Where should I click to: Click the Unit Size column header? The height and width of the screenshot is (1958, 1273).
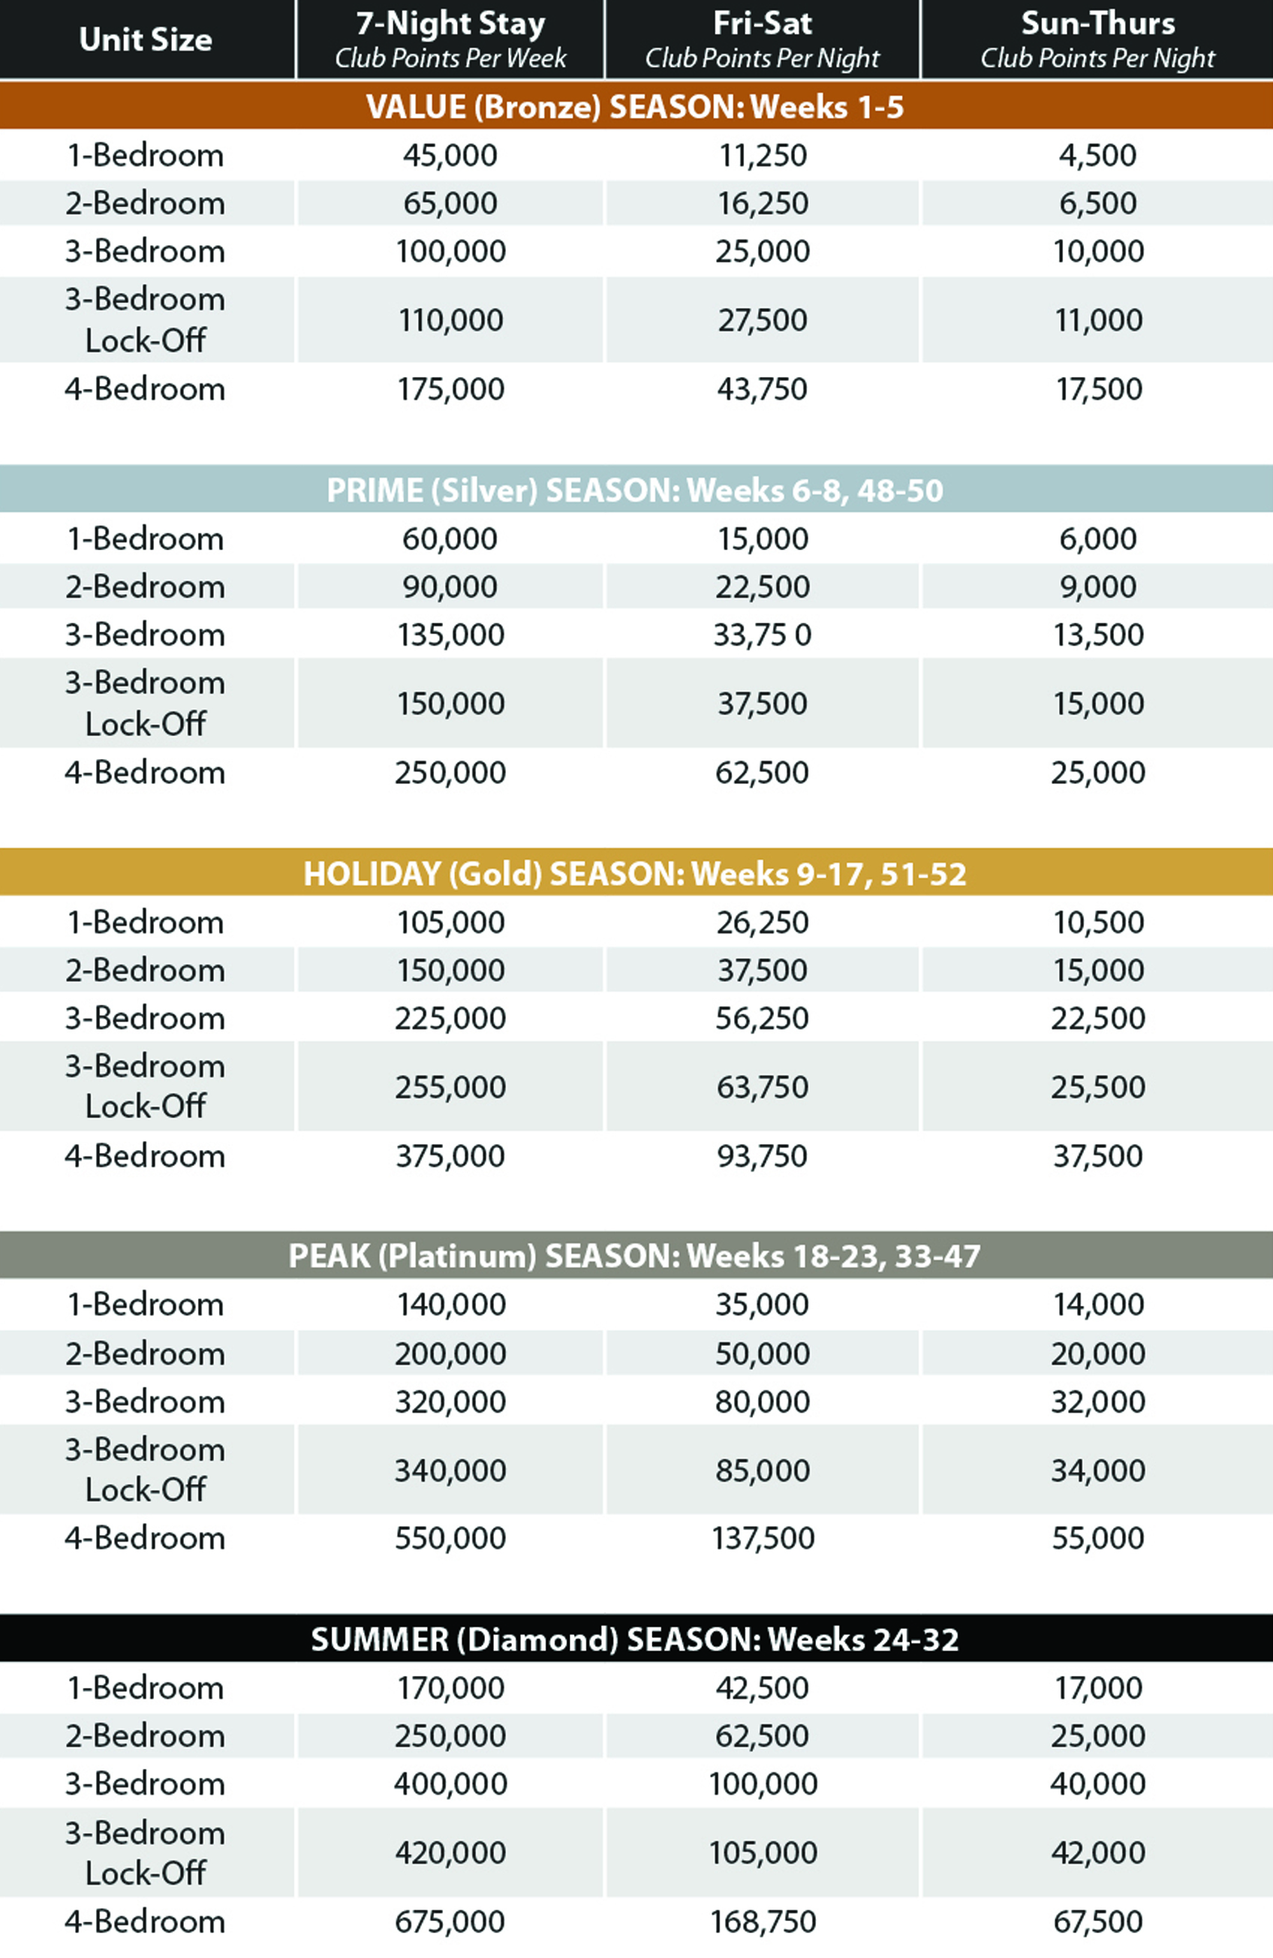(x=146, y=39)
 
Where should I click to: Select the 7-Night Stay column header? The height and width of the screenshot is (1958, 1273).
(x=450, y=39)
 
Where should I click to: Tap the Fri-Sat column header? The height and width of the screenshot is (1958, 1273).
(x=763, y=39)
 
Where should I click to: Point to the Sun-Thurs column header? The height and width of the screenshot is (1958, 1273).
(x=1097, y=39)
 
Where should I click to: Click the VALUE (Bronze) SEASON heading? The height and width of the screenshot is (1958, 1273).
(x=635, y=107)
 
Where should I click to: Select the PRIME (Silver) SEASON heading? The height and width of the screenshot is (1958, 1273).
(x=635, y=490)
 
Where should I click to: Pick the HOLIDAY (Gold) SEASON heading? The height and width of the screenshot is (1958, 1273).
(x=635, y=874)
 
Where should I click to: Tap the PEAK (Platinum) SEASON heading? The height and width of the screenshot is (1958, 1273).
(x=635, y=1256)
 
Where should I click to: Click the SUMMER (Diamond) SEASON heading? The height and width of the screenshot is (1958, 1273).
(x=635, y=1640)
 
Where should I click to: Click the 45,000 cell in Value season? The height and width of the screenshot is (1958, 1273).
(x=450, y=155)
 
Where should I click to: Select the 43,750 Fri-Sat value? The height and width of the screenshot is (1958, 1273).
(x=763, y=389)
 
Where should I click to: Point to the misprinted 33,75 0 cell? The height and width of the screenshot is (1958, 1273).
(x=763, y=635)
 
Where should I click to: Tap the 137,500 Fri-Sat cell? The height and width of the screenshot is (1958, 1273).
(x=763, y=1538)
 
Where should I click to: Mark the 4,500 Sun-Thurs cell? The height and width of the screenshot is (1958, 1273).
(x=1097, y=155)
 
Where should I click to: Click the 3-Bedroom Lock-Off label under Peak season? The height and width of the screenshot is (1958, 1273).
(x=146, y=1470)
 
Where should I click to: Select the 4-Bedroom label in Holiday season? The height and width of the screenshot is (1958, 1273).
(x=146, y=1156)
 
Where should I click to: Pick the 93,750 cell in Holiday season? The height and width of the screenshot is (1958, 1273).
(x=763, y=1156)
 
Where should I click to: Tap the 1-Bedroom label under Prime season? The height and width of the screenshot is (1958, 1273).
(x=146, y=539)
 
